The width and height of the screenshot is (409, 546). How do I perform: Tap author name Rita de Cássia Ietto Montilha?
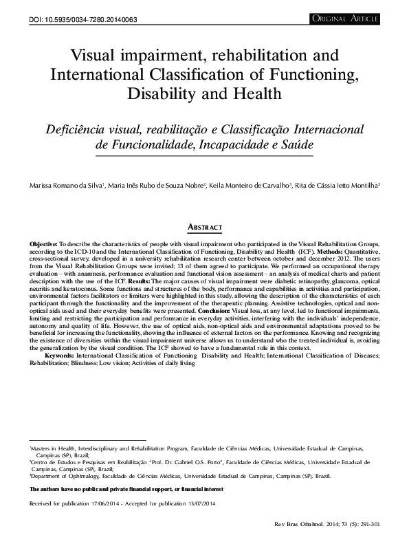[x=337, y=186]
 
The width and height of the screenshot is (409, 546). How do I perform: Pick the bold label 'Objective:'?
[x=43, y=244]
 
